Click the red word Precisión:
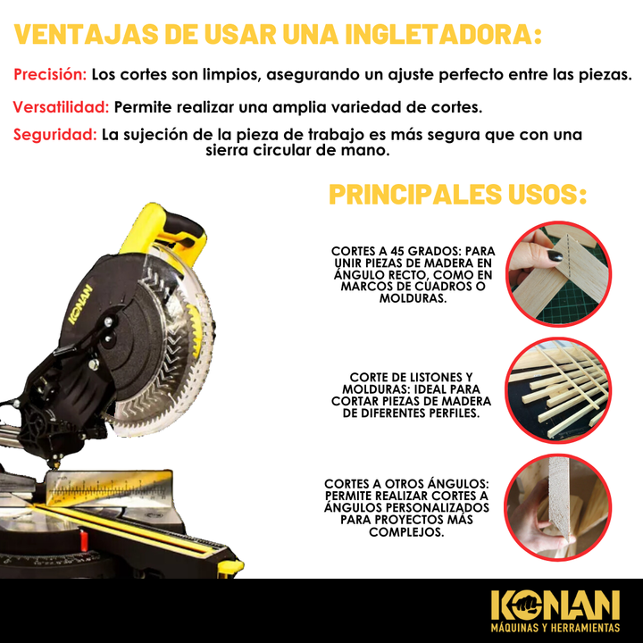coord(50,74)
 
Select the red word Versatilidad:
coord(61,107)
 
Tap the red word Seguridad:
coord(55,134)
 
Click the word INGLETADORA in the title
coord(443,35)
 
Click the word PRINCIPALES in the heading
coord(415,194)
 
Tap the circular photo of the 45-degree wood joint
coord(558,274)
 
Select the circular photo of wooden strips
coord(558,390)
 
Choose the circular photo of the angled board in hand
coord(558,507)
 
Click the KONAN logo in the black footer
coord(555,605)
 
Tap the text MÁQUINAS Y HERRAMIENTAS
coord(555,628)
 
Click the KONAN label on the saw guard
coord(80,304)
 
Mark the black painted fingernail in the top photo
coord(555,255)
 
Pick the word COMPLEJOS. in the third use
coord(406,532)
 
